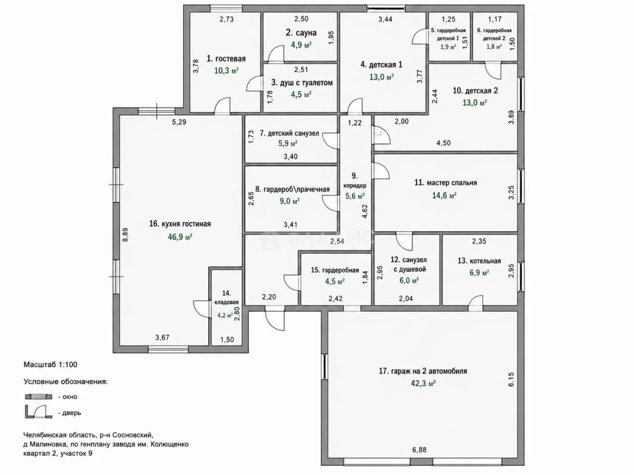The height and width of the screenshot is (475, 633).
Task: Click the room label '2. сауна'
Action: click(301, 33)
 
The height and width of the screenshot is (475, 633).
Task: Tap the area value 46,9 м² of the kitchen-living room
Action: click(180, 237)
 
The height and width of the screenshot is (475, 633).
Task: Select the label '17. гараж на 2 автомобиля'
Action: click(423, 371)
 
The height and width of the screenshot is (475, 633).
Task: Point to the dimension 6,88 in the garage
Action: click(419, 450)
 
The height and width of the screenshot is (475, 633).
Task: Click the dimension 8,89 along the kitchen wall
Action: click(125, 235)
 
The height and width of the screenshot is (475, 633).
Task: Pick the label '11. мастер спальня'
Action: click(446, 183)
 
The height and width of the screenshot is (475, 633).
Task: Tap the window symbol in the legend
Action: click(39, 397)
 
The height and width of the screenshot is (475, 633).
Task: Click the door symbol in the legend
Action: click(39, 412)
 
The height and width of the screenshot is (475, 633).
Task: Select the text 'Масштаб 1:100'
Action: click(50, 364)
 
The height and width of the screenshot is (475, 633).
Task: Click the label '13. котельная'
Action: click(479, 261)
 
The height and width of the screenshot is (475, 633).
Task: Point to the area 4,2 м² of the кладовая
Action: click(225, 315)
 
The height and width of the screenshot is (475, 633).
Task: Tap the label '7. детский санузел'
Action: click(289, 133)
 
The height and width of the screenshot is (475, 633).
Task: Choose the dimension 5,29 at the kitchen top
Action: click(179, 122)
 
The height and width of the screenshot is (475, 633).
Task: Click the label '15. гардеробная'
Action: click(335, 270)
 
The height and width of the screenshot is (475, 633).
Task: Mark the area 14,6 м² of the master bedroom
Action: click(444, 195)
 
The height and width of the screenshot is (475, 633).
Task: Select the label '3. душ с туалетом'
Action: click(302, 83)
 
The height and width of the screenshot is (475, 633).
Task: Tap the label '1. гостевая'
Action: click(226, 59)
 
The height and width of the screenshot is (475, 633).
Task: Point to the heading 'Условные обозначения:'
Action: click(66, 382)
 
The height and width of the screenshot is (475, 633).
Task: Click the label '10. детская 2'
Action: click(475, 90)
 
